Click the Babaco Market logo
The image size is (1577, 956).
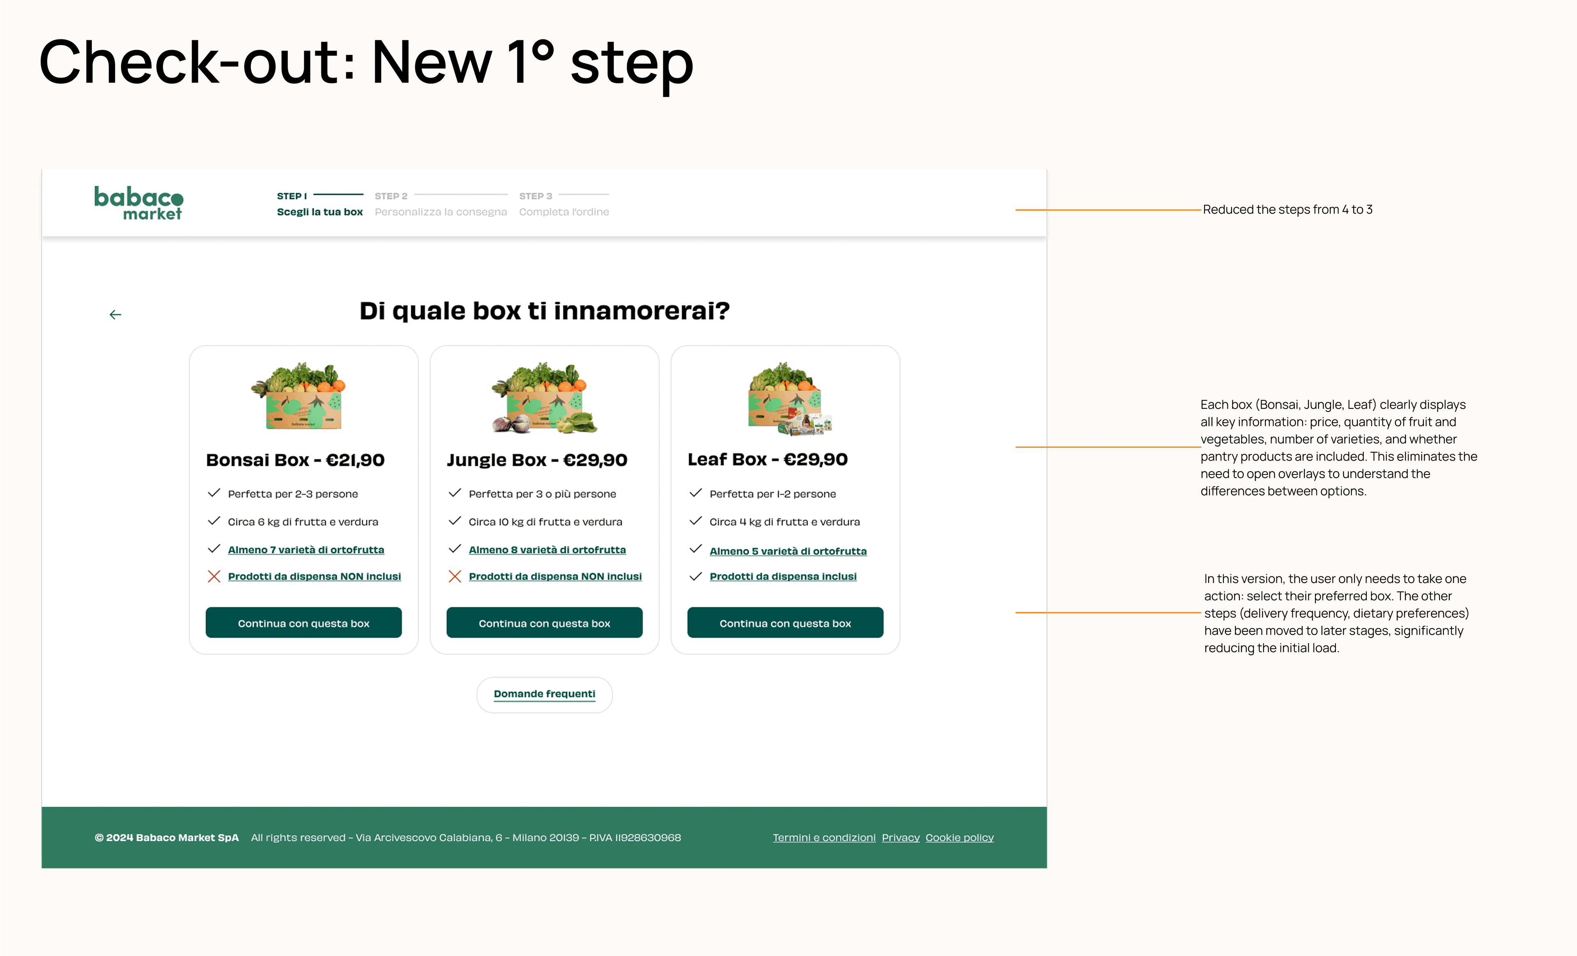point(139,203)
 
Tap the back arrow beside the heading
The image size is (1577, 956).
point(115,314)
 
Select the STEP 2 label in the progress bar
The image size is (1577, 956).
point(391,196)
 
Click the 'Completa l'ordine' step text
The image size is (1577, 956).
point(564,212)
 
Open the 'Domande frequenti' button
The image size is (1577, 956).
point(545,695)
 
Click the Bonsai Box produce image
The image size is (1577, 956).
point(298,396)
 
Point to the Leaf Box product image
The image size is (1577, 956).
point(790,398)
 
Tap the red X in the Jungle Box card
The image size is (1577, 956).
point(455,576)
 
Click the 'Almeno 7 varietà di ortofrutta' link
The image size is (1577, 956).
point(306,550)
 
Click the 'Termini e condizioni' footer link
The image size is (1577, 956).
point(824,838)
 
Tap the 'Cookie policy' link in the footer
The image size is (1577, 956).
point(959,838)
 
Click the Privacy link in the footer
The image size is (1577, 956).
point(901,838)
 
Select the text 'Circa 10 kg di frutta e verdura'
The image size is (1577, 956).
point(545,522)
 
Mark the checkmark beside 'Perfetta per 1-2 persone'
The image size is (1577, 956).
point(696,493)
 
